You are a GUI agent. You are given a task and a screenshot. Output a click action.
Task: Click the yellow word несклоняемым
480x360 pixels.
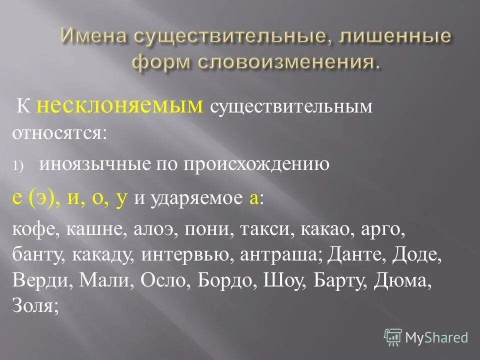(127, 106)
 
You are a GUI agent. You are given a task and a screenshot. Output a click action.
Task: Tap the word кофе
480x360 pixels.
(32, 231)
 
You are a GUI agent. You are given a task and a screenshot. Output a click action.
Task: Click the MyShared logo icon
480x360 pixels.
(393, 337)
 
